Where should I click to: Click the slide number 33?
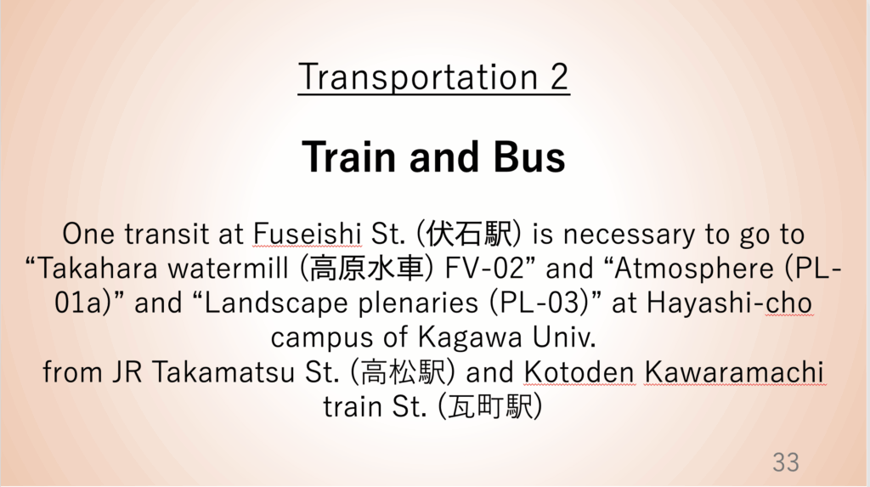[786, 462]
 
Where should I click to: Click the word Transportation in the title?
[418, 77]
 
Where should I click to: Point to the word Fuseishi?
[308, 234]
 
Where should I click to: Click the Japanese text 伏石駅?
[469, 234]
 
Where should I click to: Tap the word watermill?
[229, 269]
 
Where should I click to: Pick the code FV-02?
[484, 269]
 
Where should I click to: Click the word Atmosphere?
[694, 269]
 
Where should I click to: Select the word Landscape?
[277, 304]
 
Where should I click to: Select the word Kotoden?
[579, 372]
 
